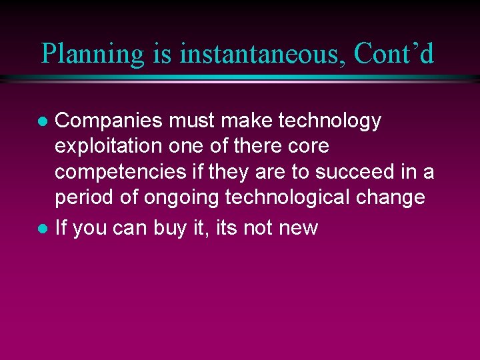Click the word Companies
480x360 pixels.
click(109, 121)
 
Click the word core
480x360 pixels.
click(309, 147)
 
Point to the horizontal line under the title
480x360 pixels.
click(240, 79)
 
